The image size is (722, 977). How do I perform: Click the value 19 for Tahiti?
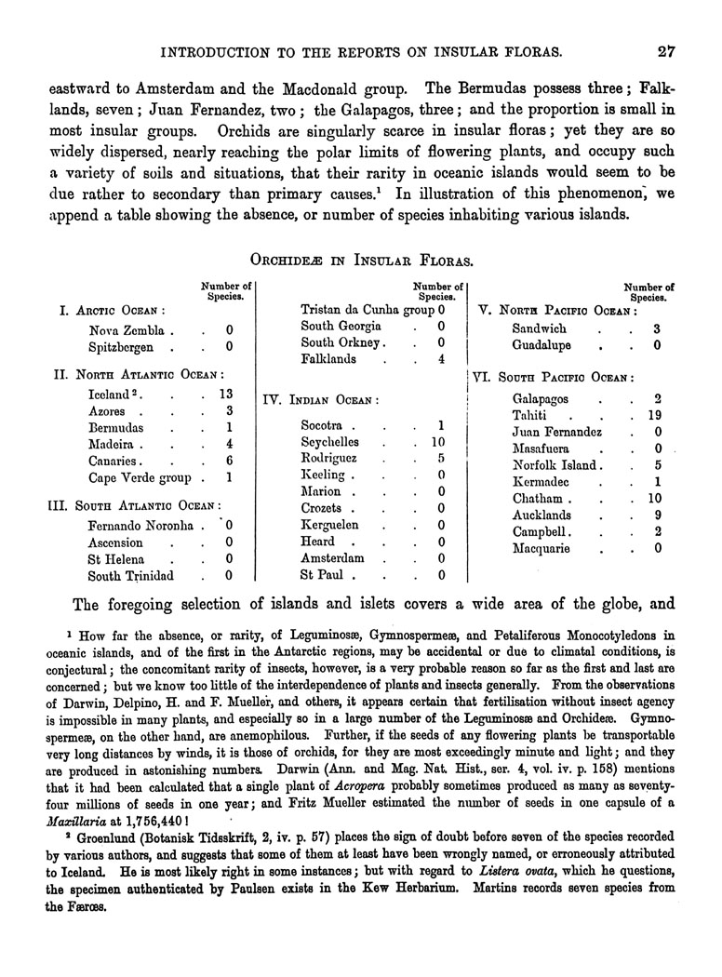[654, 414]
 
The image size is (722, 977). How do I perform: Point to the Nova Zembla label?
[127, 330]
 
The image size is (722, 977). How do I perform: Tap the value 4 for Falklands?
[441, 359]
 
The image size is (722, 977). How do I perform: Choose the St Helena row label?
[116, 559]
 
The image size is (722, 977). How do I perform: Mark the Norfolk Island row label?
[558, 465]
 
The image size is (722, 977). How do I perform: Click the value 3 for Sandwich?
[657, 328]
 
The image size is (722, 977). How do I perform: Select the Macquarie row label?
[544, 548]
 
